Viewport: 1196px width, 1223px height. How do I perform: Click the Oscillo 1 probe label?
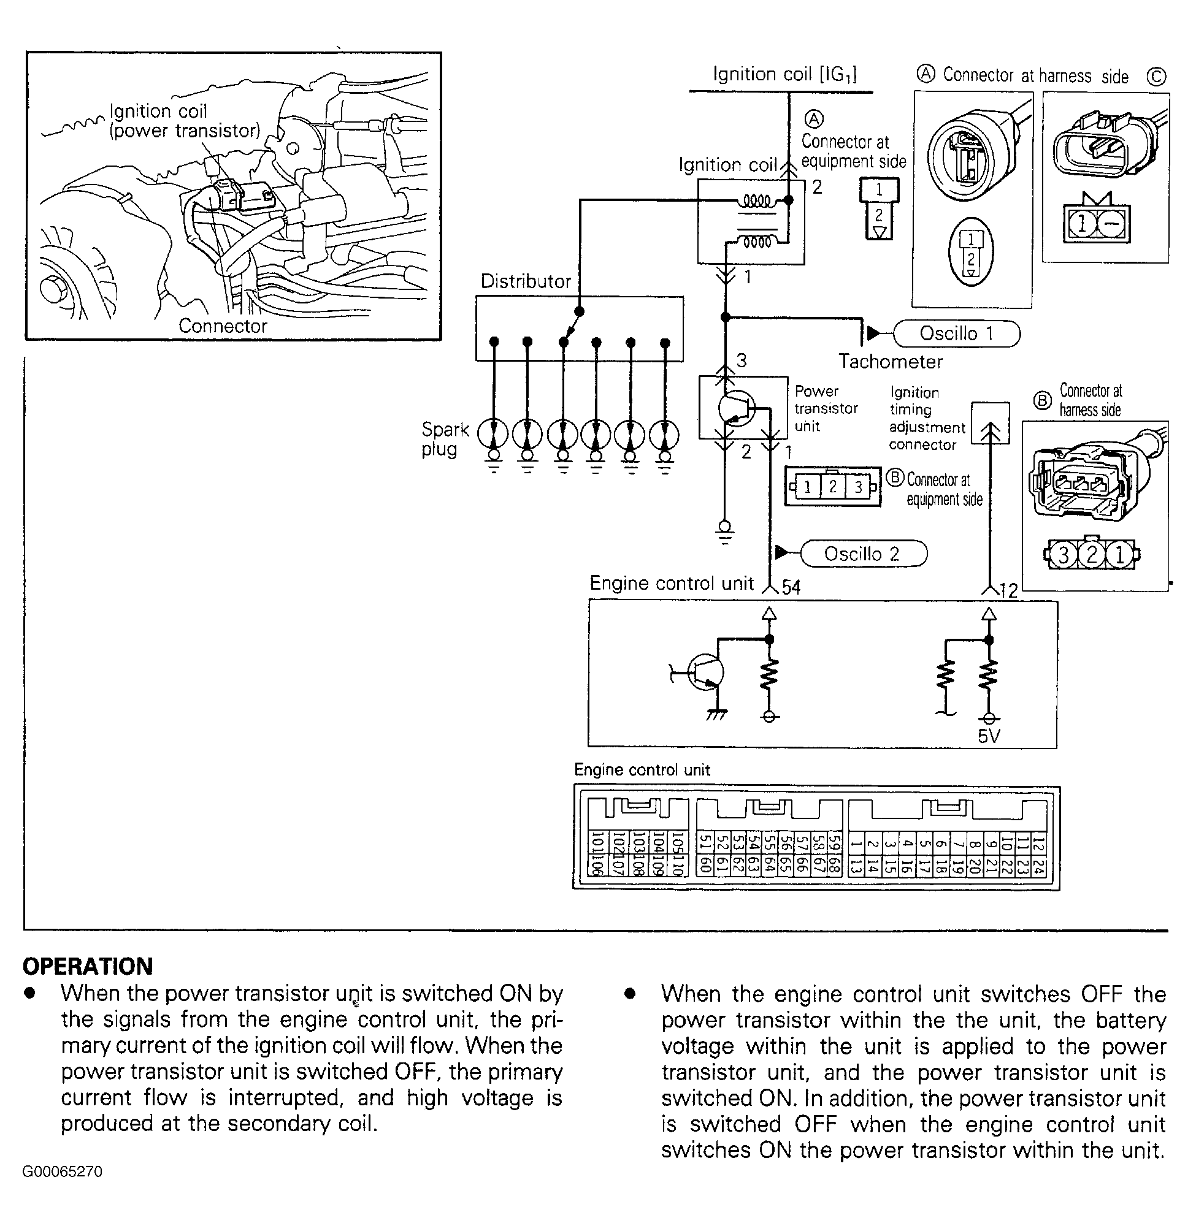click(956, 333)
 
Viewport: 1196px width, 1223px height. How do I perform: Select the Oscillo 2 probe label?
click(862, 554)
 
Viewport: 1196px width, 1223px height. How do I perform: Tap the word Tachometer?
click(890, 362)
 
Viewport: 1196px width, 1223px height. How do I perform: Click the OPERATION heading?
click(88, 966)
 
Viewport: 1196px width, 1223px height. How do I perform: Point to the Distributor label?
click(525, 281)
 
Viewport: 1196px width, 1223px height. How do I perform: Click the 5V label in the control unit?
click(989, 736)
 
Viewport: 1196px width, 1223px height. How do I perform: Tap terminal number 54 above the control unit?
click(791, 588)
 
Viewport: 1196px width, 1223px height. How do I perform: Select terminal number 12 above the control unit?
click(1008, 591)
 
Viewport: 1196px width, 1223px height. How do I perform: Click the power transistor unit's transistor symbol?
click(735, 408)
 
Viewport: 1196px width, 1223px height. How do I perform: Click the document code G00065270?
click(62, 1172)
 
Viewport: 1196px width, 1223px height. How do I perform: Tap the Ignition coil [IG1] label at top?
click(784, 74)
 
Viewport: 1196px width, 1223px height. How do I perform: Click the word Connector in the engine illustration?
click(223, 326)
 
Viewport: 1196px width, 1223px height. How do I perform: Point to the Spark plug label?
click(445, 439)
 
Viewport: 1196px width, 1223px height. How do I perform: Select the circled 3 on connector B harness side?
click(1064, 555)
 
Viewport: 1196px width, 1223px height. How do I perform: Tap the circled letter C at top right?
click(1156, 77)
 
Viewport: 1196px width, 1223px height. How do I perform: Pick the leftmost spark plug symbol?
click(494, 435)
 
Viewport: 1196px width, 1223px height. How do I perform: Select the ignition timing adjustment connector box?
click(990, 423)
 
